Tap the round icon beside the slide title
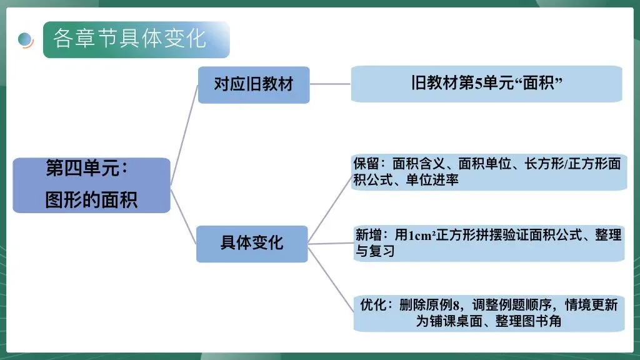pyautogui.click(x=26, y=39)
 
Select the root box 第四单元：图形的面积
pyautogui.click(x=91, y=185)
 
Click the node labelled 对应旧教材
pyautogui.click(x=254, y=84)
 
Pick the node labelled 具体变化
pyautogui.click(x=252, y=243)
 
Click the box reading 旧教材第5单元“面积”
pyautogui.click(x=486, y=84)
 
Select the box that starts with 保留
pyautogui.click(x=487, y=172)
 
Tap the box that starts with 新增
pyautogui.click(x=487, y=243)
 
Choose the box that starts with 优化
pyautogui.click(x=487, y=313)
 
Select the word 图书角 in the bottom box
pyautogui.click(x=544, y=321)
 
